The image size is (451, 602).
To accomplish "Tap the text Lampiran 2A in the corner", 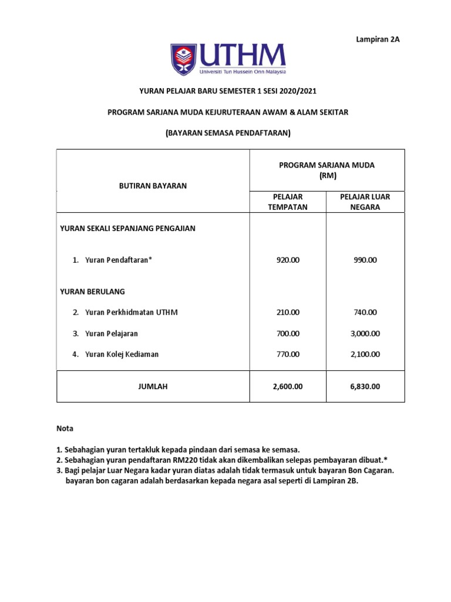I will click(378, 39).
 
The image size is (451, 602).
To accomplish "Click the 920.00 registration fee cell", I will click(288, 260).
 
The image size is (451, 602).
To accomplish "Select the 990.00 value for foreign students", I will click(365, 260).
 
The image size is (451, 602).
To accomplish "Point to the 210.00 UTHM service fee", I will click(288, 312).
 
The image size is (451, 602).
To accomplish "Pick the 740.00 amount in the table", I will click(365, 312).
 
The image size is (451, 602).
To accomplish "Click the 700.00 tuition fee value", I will click(288, 333).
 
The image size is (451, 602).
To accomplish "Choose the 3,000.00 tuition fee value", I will click(365, 333).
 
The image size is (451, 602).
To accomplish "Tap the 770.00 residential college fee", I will click(288, 354).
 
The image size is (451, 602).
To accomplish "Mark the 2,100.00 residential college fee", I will click(365, 354).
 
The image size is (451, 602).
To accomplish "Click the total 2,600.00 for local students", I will click(288, 386).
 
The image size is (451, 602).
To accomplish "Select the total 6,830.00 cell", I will click(365, 386).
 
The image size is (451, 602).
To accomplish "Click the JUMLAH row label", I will click(153, 386).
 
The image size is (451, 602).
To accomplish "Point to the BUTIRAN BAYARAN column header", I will click(153, 186).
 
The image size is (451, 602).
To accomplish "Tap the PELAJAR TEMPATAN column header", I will click(288, 202).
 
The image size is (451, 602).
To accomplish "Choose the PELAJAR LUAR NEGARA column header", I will click(365, 202).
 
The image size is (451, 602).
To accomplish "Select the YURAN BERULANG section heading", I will click(93, 291).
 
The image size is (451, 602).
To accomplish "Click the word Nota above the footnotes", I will click(65, 429).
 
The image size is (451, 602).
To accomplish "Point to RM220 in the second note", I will click(184, 460).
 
